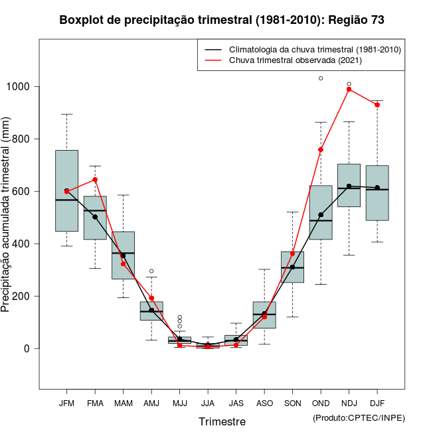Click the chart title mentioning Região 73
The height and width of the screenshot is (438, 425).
tap(222, 20)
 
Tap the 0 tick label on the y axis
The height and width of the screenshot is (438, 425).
tap(27, 348)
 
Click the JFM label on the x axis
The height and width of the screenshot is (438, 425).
tap(66, 403)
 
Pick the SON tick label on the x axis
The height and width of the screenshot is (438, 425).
tap(292, 403)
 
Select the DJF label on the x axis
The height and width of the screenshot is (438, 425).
tap(377, 403)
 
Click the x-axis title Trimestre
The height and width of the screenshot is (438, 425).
tap(222, 421)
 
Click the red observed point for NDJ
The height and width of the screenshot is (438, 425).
tap(349, 90)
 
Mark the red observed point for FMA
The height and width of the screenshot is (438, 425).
tap(95, 180)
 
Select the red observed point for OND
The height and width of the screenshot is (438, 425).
tap(321, 150)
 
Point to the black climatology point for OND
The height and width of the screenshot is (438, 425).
tap(321, 215)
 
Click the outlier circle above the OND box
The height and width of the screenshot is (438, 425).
tap(321, 78)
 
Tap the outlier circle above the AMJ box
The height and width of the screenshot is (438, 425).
tap(151, 271)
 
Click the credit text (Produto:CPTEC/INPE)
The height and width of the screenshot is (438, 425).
tap(359, 417)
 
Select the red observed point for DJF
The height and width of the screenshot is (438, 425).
tap(377, 105)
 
